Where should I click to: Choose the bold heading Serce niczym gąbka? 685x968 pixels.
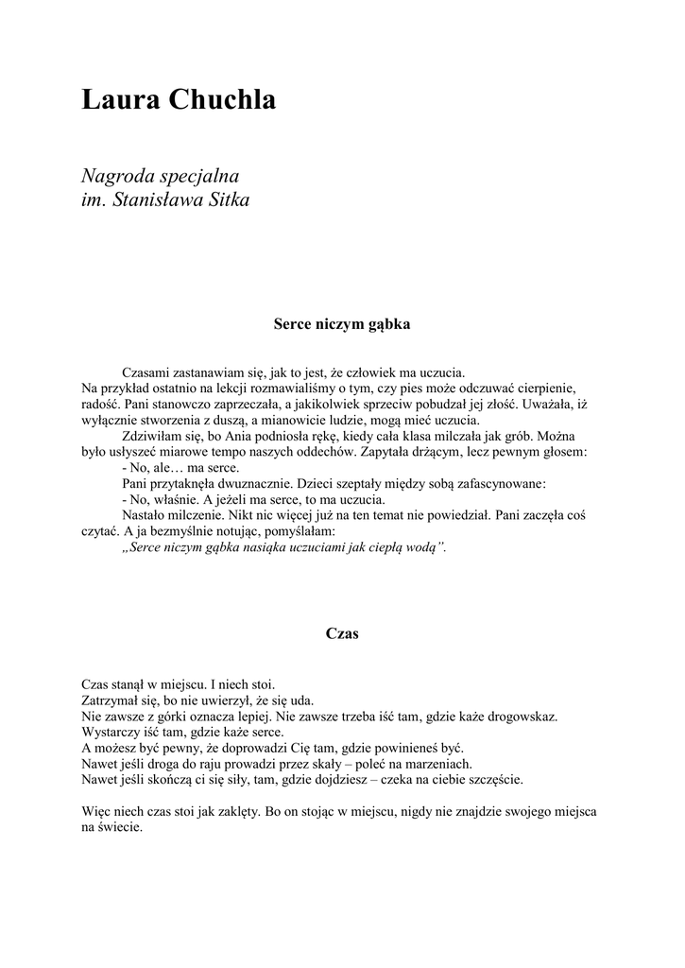342,323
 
